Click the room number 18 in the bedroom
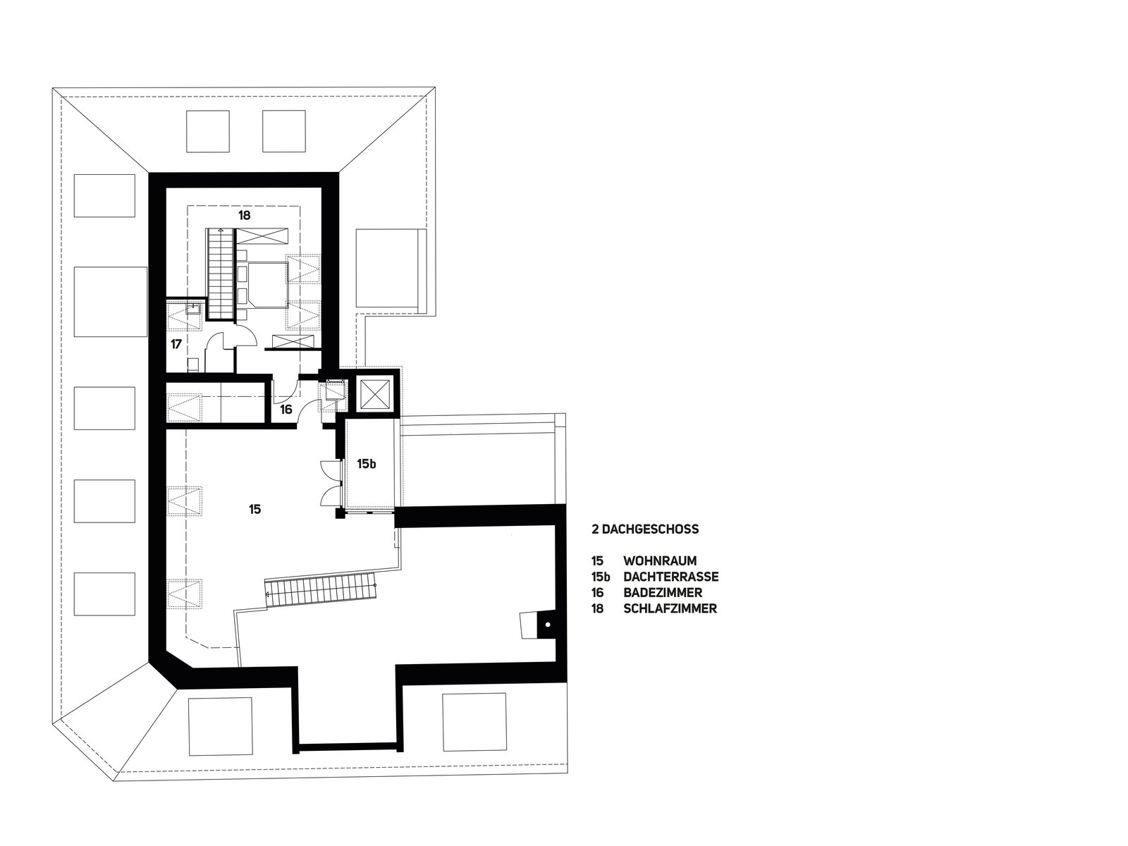[x=244, y=215]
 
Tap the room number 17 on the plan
[x=176, y=344]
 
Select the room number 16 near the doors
[x=286, y=410]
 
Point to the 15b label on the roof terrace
[x=367, y=464]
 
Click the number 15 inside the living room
[x=255, y=509]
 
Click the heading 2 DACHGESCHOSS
[x=645, y=529]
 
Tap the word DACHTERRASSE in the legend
[x=670, y=576]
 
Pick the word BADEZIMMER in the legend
[x=663, y=592]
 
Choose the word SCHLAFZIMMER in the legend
[x=670, y=608]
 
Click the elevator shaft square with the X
[x=374, y=393]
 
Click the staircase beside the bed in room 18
[x=221, y=274]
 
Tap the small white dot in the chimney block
[x=548, y=625]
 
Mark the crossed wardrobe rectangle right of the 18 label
[x=262, y=236]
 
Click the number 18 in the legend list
[x=597, y=608]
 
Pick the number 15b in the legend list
[x=601, y=576]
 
